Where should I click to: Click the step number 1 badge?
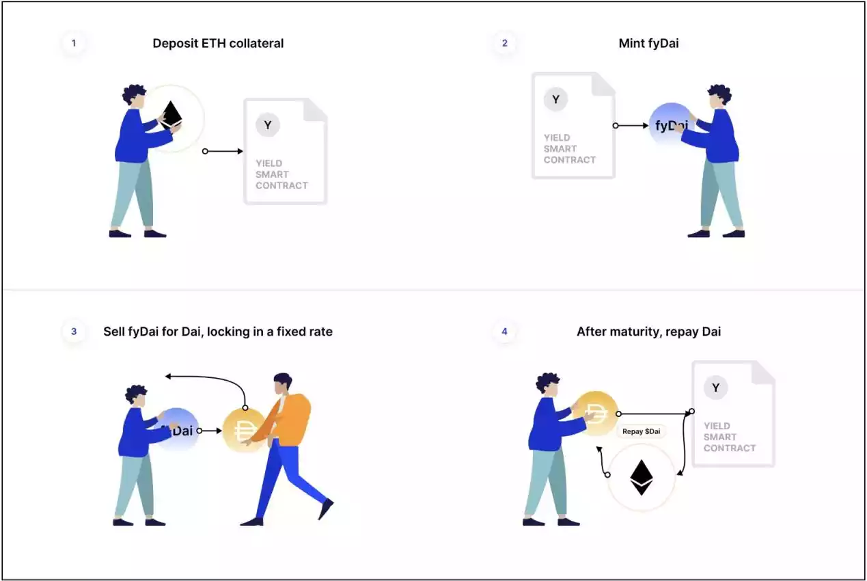point(74,43)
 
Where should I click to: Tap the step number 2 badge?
point(504,43)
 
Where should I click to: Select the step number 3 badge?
point(74,332)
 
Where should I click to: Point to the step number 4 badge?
point(504,332)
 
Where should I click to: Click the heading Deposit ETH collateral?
point(218,43)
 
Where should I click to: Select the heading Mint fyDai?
point(648,43)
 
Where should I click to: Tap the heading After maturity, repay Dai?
point(648,332)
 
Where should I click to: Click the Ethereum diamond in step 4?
point(642,478)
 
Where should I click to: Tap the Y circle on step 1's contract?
point(267,125)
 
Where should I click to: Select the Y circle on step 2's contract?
point(555,100)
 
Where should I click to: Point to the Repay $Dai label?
point(642,431)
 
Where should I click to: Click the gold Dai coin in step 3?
point(245,431)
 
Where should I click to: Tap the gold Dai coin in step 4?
point(595,414)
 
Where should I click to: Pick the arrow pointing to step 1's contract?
point(223,151)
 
